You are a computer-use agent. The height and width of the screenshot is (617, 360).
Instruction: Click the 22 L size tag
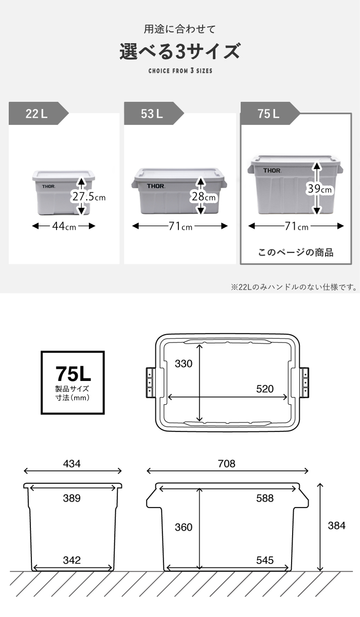(x=38, y=113)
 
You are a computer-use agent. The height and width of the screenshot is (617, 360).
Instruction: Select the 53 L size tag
(x=153, y=113)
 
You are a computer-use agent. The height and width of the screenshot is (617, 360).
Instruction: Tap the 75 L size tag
(x=270, y=113)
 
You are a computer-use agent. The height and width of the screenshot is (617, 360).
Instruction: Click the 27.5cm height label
(x=88, y=196)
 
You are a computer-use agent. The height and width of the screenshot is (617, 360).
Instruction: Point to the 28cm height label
(x=204, y=196)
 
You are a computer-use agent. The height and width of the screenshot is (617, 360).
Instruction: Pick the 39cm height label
(x=319, y=189)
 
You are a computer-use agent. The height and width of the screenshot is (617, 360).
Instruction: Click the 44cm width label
(x=64, y=226)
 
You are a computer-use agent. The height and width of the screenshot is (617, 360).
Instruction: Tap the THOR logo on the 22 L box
(x=48, y=187)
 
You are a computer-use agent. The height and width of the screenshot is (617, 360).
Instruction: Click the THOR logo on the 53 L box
(x=156, y=186)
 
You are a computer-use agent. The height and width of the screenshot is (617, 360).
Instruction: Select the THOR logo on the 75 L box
(x=272, y=171)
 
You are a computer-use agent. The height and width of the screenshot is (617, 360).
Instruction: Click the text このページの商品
(x=296, y=252)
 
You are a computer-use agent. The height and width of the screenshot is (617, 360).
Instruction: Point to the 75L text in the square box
(x=73, y=374)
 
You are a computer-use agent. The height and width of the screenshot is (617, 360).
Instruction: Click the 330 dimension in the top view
(x=184, y=364)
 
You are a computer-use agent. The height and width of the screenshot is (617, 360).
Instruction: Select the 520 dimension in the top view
(x=265, y=389)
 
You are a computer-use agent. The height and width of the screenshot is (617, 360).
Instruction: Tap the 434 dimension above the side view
(x=71, y=464)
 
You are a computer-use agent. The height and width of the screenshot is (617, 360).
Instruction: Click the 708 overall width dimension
(x=226, y=464)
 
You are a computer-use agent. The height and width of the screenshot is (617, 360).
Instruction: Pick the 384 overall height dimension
(x=336, y=525)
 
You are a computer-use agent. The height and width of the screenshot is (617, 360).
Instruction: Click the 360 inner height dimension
(x=184, y=527)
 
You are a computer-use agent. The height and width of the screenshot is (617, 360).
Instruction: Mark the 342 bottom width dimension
(x=71, y=560)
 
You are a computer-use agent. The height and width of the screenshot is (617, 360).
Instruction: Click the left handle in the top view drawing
(x=151, y=383)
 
